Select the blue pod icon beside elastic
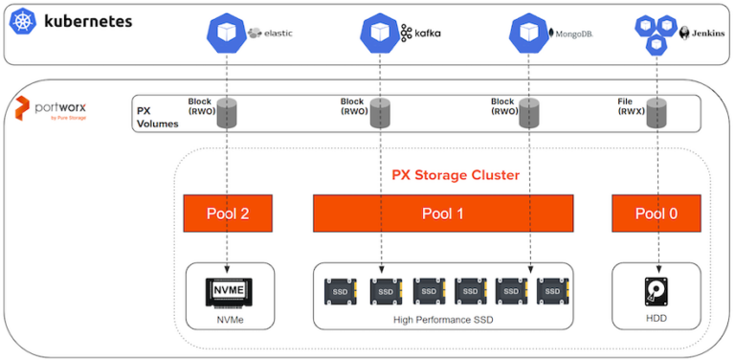coord(226,33)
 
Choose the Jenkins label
coord(703,33)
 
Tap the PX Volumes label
coord(157,118)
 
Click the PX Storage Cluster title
coord(456,175)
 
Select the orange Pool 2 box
coord(228,213)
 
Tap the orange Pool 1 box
coord(443,213)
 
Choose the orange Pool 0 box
coord(656,213)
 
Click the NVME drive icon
coord(228,290)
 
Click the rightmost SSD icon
coord(550,290)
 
